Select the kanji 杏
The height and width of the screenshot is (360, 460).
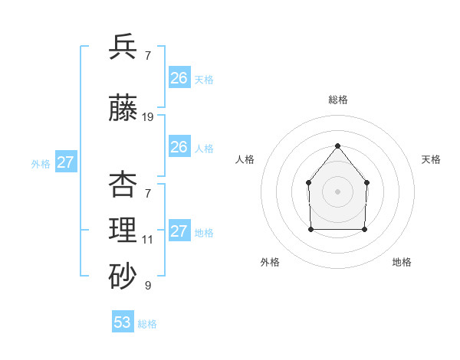(123, 185)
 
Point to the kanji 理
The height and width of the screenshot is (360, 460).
(123, 229)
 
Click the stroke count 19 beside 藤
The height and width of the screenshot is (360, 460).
(148, 117)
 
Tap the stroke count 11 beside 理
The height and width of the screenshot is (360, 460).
(147, 240)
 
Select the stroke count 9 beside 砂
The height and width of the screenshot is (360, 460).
(147, 286)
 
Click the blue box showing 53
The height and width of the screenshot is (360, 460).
(123, 322)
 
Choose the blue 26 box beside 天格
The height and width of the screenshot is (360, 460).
(179, 78)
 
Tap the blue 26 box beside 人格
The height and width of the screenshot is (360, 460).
(179, 147)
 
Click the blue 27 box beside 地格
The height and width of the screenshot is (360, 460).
(179, 231)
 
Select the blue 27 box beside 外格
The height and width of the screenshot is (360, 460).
(66, 162)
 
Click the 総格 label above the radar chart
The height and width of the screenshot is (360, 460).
(337, 100)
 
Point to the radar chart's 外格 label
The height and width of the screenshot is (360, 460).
(270, 262)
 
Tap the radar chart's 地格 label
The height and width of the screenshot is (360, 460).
(402, 262)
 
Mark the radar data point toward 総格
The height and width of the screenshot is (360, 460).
(337, 146)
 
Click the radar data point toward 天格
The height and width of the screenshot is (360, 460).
(366, 182)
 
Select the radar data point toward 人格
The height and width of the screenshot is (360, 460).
(308, 182)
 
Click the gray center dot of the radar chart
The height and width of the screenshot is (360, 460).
(337, 191)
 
